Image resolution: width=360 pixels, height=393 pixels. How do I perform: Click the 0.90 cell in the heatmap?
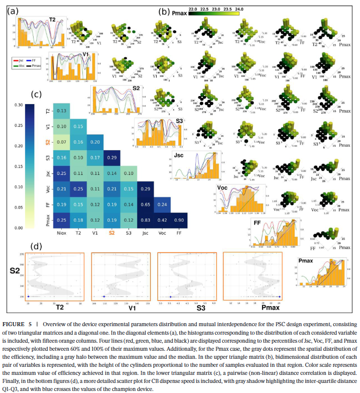click(x=179, y=220)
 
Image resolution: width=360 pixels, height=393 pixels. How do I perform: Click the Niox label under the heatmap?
click(x=62, y=233)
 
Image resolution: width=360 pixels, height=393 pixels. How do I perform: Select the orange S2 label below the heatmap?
click(x=112, y=233)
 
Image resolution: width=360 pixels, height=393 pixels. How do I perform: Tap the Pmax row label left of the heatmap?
click(x=48, y=220)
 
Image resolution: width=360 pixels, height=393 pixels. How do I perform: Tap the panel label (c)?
click(x=36, y=94)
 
